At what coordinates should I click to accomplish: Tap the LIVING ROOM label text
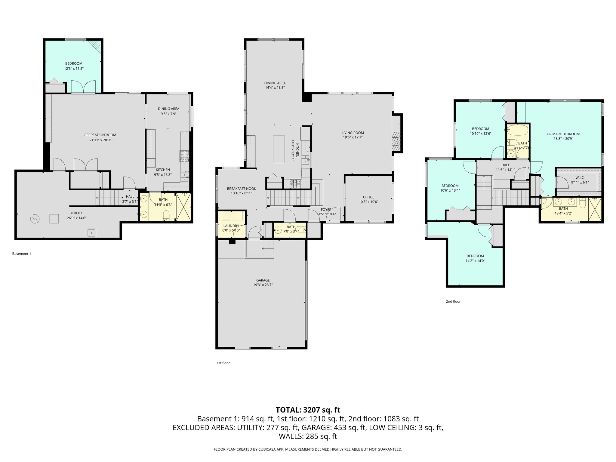click(353, 133)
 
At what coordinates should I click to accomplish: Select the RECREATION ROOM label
click(100, 135)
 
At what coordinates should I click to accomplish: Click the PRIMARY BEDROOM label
click(563, 134)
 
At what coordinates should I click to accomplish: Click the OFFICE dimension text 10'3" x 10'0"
click(368, 202)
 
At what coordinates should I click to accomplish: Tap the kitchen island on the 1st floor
click(279, 149)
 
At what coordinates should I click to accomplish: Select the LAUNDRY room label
click(231, 226)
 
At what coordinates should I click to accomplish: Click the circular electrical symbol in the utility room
click(35, 219)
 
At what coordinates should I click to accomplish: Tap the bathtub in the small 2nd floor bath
click(517, 131)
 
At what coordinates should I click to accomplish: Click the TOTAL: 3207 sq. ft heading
click(308, 410)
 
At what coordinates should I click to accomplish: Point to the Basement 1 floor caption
click(21, 254)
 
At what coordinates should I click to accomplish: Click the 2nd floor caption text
click(453, 301)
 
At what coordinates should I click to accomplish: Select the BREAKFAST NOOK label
click(242, 189)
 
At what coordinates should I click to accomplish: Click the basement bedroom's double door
click(83, 87)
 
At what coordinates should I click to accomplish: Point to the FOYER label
click(326, 210)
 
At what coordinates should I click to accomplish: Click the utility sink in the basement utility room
click(91, 233)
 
